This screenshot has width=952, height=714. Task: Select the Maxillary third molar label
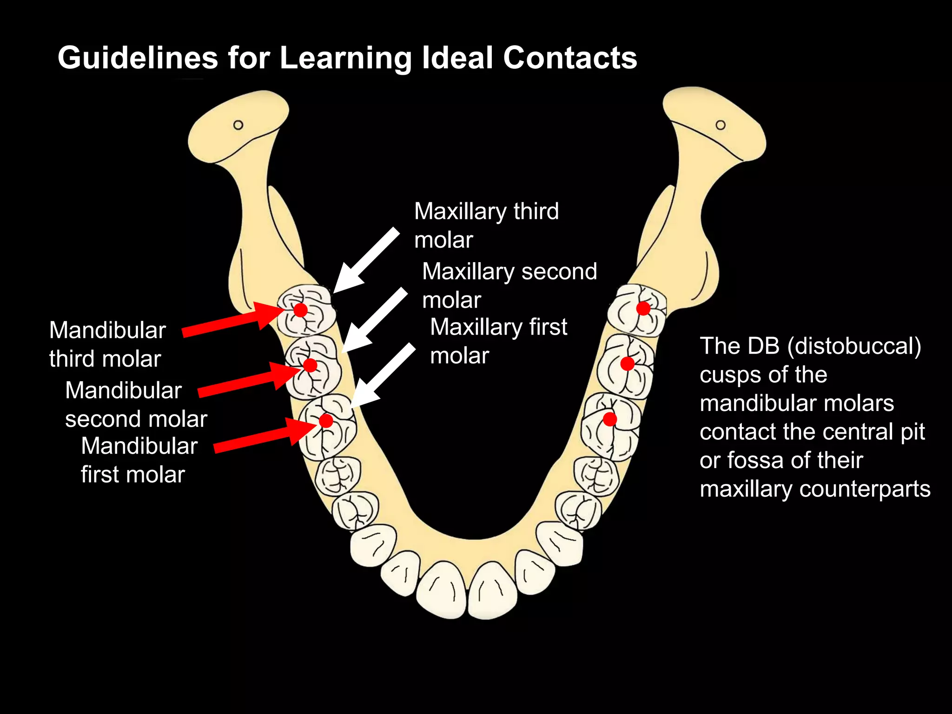tap(486, 225)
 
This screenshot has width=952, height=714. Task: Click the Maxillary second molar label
tap(509, 285)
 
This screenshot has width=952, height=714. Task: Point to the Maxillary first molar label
tap(498, 341)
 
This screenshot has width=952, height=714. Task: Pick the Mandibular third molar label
tap(107, 344)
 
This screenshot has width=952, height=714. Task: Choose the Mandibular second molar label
tap(136, 404)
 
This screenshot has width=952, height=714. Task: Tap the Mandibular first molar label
tap(139, 460)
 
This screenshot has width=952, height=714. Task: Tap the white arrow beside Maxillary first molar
tap(382, 377)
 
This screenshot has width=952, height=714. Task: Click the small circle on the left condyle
tap(238, 125)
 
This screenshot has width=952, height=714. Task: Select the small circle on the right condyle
tap(721, 125)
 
